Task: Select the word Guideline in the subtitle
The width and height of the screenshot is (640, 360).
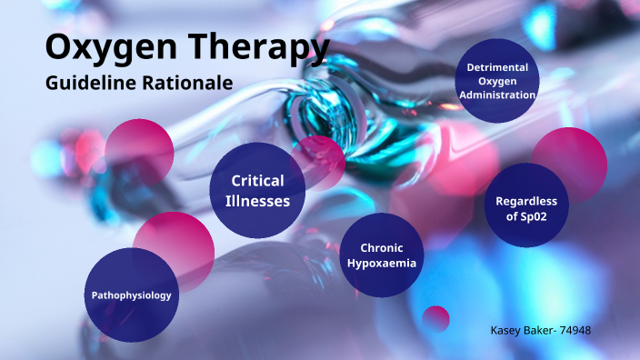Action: click(x=88, y=82)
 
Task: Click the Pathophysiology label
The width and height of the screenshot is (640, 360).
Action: click(x=131, y=295)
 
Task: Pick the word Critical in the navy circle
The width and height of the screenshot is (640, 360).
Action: click(x=257, y=181)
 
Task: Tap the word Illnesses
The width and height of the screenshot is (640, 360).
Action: click(x=257, y=201)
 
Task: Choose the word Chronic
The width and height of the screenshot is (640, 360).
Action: click(x=381, y=247)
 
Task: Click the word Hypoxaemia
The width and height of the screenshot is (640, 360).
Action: click(x=381, y=264)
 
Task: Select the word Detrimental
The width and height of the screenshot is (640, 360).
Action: click(x=497, y=67)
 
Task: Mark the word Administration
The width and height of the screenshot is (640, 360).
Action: click(x=497, y=95)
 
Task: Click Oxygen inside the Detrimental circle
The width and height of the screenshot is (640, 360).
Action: click(x=497, y=81)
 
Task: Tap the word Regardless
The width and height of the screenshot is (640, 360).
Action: click(x=526, y=201)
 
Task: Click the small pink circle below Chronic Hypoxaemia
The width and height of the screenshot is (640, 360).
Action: click(x=436, y=319)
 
